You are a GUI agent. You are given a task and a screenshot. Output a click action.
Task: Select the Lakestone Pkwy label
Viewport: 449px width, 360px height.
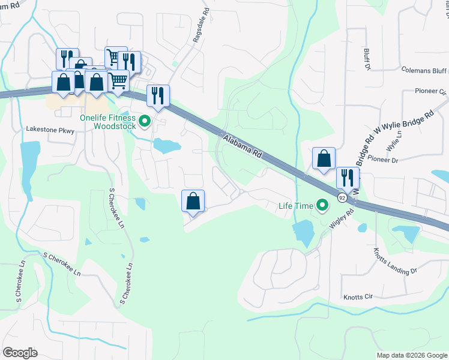[49, 129]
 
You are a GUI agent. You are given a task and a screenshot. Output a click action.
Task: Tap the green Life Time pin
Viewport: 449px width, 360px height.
[322, 206]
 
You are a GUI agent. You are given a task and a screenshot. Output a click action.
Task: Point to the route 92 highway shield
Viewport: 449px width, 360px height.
[342, 197]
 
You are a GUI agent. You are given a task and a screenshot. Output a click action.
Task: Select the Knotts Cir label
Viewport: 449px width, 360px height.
[358, 296]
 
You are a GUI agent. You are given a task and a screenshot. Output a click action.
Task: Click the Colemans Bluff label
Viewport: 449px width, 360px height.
[424, 70]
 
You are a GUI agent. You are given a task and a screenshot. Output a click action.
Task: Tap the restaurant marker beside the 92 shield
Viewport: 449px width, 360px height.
[348, 178]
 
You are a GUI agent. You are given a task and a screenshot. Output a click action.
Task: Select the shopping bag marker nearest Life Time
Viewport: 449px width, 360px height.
[324, 158]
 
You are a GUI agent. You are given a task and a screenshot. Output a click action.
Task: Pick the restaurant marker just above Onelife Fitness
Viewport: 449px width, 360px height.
[158, 95]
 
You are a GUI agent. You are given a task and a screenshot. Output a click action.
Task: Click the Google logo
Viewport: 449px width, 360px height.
[20, 353]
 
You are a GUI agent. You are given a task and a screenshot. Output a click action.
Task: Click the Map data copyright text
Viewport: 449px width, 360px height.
[412, 355]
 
